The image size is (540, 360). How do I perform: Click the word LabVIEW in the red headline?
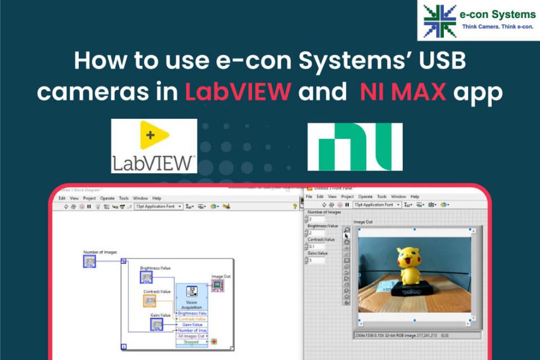coord(237,91)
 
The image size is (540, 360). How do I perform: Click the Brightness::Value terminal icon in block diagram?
coord(147,278)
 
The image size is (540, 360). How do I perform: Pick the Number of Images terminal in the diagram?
coord(90,261)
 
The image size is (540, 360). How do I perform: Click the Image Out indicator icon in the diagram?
coord(217,286)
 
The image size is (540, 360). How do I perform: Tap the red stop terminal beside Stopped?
coord(214,341)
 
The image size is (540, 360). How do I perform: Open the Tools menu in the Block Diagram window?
coord(124,199)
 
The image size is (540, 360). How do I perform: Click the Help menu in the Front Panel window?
coord(415,196)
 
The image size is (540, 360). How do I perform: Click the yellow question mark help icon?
coord(295,206)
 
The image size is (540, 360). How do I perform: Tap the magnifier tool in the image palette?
coord(346,230)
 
